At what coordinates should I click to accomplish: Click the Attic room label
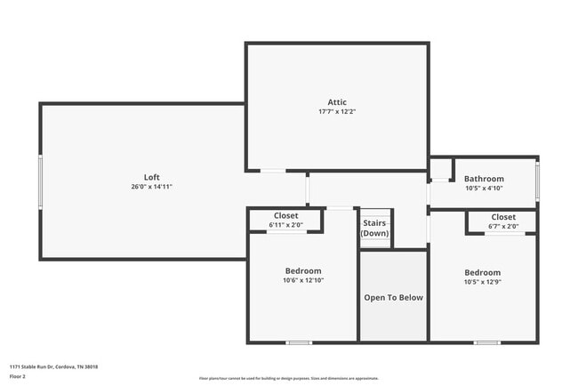337,102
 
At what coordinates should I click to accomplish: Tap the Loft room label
151,176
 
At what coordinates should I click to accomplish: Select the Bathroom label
484,179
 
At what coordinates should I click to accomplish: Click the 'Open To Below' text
393,297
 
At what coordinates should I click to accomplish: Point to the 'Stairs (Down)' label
374,228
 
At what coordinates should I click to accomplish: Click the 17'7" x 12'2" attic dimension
337,112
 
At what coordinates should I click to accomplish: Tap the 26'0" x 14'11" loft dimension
151,186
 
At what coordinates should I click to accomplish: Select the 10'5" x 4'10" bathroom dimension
484,188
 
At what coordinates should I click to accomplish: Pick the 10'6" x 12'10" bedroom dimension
303,280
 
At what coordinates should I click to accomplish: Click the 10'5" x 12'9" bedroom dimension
482,282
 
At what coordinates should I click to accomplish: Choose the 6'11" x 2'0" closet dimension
285,225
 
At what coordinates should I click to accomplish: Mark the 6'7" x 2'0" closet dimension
502,226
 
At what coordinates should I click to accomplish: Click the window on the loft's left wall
40,182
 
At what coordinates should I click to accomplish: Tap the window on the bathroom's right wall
537,180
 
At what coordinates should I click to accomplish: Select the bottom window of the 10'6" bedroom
299,342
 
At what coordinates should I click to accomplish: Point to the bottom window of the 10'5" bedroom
486,342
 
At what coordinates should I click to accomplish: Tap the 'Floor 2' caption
18,376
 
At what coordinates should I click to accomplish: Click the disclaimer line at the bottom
288,377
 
